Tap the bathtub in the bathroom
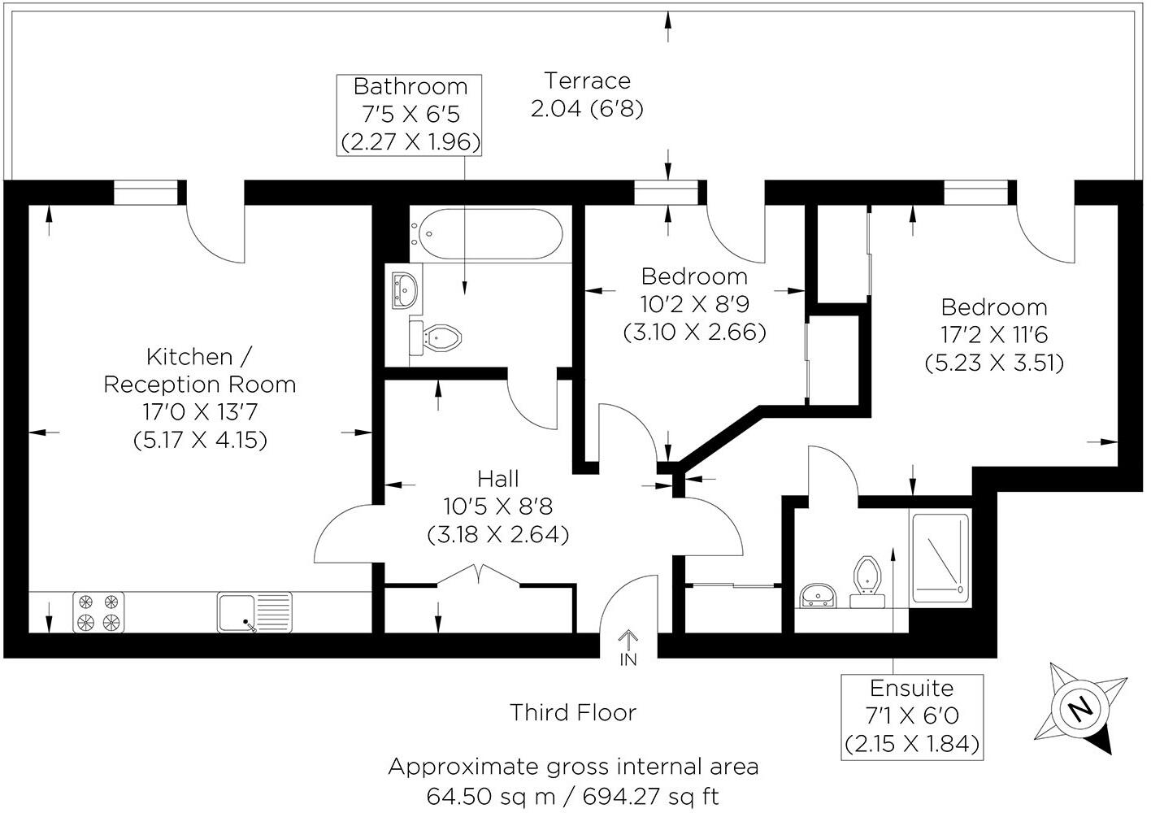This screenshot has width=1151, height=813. pos(486,234)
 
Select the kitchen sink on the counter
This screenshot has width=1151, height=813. pos(254,612)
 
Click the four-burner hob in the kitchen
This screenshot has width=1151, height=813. pos(99,612)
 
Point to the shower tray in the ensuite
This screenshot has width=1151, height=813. pos(940,558)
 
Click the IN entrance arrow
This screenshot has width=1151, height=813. pos(628,647)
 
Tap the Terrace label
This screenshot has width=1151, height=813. pos(587,81)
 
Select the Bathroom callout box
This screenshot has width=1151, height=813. pos(410,115)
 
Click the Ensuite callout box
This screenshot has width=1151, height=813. pos(911,716)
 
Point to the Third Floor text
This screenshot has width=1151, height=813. pos(573,713)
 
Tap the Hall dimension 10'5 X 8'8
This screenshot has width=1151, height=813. pos(497,506)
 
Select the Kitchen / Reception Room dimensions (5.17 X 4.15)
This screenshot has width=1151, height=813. pos(200,440)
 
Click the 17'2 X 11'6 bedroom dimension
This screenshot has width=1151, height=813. pos(994,334)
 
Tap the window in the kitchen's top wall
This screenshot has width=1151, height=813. pos(145,193)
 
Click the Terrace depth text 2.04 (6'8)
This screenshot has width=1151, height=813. pos(587,109)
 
